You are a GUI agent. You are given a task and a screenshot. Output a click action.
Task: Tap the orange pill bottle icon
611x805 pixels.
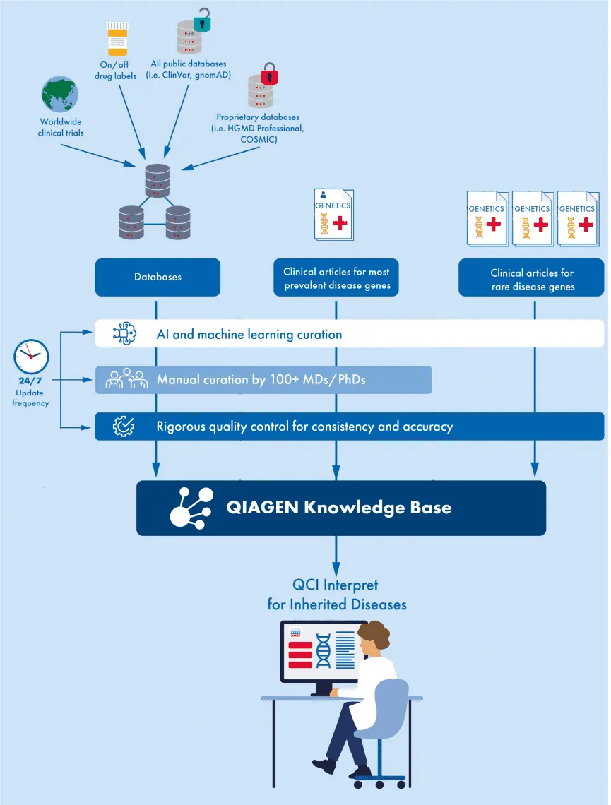(x=117, y=39)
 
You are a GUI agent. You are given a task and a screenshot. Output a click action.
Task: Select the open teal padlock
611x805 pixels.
(x=203, y=19)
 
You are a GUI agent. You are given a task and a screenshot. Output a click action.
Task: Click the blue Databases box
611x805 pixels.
(x=158, y=277)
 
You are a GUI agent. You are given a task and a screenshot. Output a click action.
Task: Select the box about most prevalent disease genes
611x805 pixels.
(x=336, y=278)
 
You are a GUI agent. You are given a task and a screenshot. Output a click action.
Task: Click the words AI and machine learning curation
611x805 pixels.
(x=249, y=334)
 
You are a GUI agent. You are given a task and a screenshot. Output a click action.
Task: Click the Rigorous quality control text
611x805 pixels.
(x=304, y=427)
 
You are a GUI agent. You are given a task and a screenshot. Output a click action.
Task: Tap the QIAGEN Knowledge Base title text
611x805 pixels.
(x=338, y=507)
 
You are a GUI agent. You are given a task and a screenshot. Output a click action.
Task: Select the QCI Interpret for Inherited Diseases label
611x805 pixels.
(x=336, y=595)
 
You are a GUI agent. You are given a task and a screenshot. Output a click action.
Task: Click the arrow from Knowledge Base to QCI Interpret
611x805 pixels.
(x=336, y=554)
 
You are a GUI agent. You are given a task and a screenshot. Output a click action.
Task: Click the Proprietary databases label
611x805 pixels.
(x=258, y=129)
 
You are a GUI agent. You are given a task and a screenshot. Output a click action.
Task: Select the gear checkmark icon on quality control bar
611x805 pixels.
(x=124, y=426)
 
